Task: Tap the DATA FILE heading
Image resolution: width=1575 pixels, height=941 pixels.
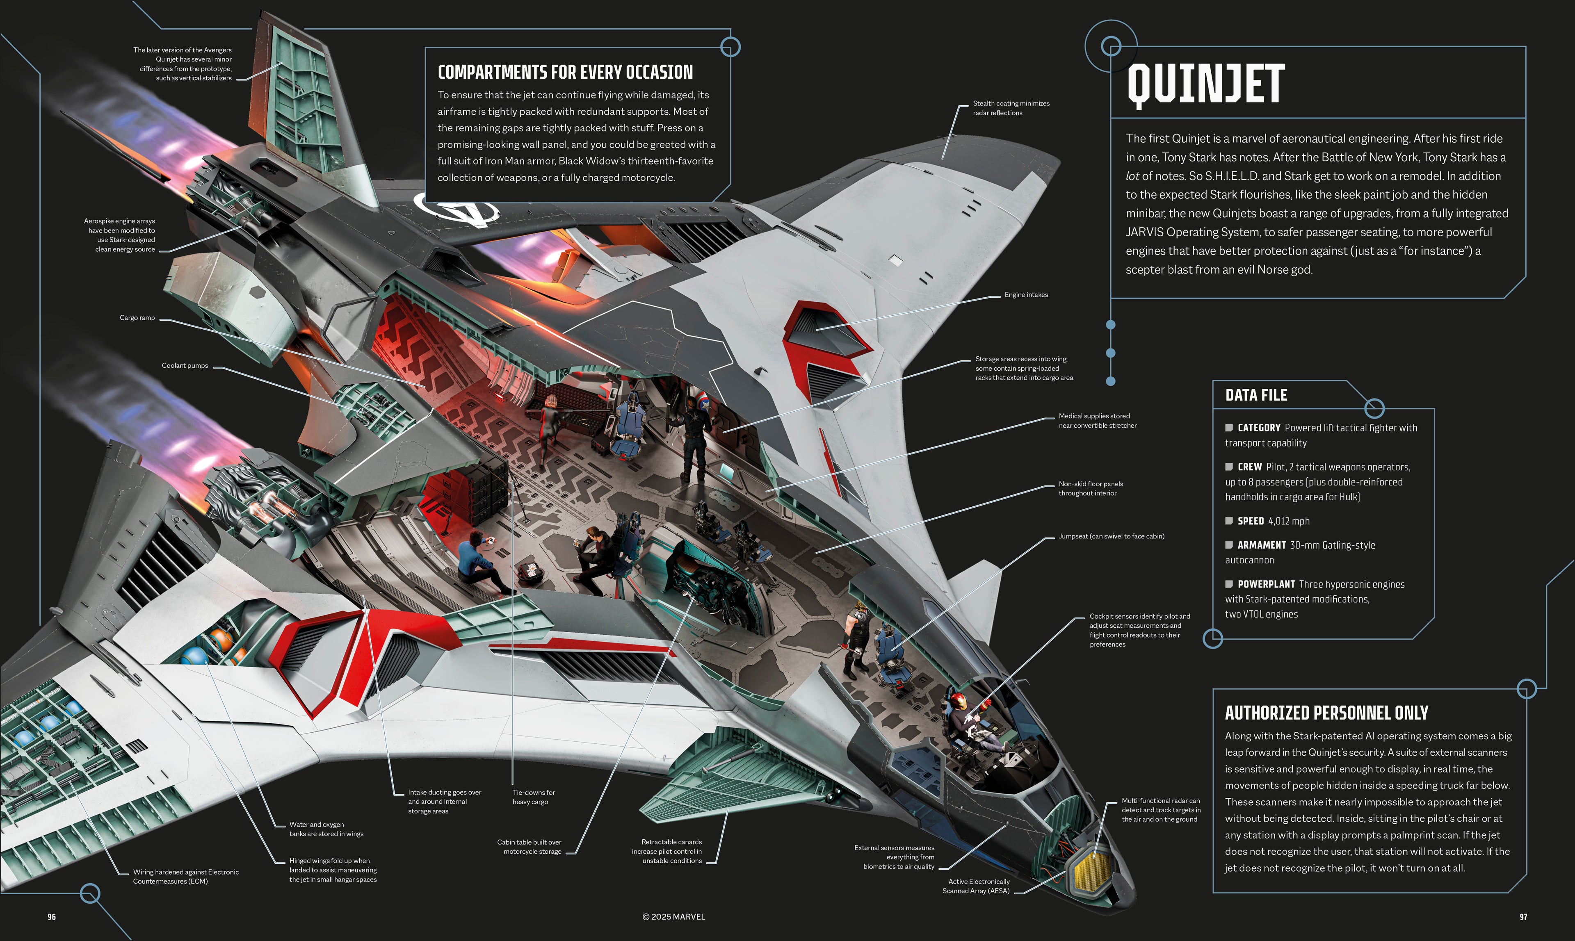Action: point(1255,395)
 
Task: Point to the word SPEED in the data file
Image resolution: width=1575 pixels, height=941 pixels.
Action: point(1250,521)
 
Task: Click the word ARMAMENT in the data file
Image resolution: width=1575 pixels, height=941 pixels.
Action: point(1261,545)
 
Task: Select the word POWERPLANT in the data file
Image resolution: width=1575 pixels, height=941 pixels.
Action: point(1265,584)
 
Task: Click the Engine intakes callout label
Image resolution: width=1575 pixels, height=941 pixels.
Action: point(1026,295)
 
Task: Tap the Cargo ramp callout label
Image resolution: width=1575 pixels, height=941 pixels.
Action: point(137,318)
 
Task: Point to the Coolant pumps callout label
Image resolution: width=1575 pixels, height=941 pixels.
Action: point(185,365)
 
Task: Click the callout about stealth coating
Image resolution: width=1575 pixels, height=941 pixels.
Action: point(1011,108)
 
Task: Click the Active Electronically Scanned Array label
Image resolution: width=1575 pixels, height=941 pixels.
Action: point(977,886)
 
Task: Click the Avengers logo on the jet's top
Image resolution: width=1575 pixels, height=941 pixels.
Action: point(457,209)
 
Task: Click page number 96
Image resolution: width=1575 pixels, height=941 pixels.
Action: point(51,917)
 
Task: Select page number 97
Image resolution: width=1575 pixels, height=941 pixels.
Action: point(1523,917)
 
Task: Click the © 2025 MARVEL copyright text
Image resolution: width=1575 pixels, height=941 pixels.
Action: point(673,917)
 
